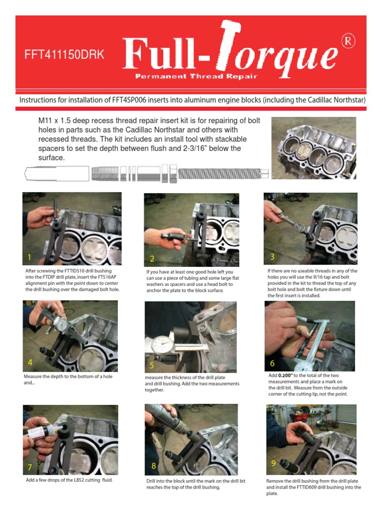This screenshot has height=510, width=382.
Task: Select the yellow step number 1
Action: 30,257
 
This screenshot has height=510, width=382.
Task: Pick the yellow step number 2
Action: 152,258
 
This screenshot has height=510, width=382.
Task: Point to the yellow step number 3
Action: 273,256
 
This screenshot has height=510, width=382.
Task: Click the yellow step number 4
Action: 30,363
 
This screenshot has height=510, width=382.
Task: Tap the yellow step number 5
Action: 152,366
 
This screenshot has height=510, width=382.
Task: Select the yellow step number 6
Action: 273,364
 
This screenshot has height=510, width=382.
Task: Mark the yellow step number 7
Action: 30,467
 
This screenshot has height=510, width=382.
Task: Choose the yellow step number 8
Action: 154,466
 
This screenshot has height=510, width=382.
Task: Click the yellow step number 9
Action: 274,463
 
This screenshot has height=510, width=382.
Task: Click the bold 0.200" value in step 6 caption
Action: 285,375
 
